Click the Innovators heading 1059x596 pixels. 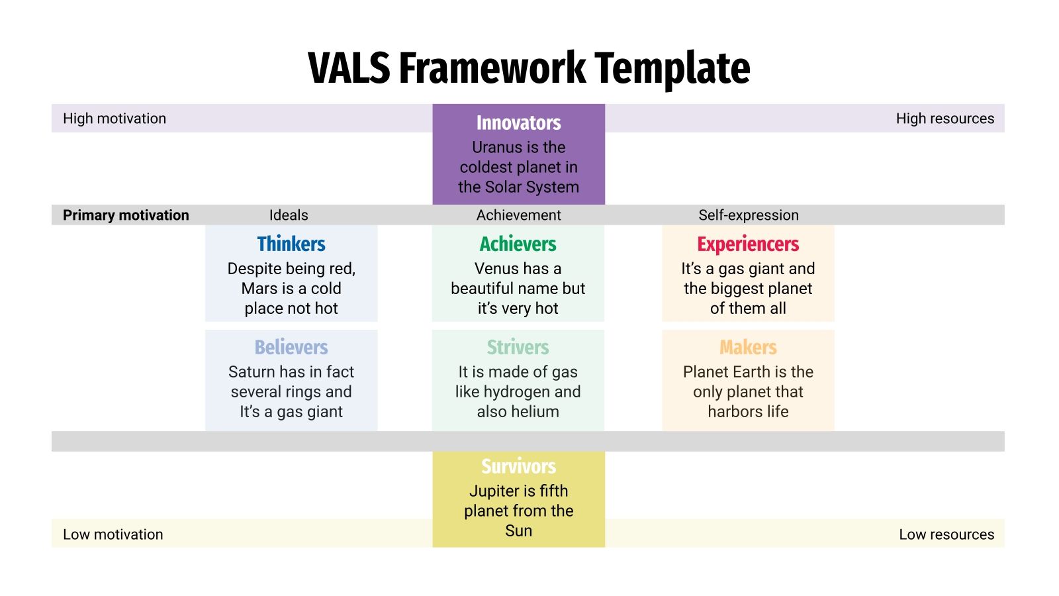tap(518, 123)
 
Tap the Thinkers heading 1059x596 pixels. tap(291, 244)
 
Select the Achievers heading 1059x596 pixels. tap(518, 244)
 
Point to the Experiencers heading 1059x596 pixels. tap(748, 244)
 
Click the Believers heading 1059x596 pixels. tap(291, 348)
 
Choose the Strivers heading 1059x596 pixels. tap(518, 348)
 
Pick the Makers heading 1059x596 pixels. tap(748, 348)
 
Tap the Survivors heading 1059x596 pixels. tap(518, 467)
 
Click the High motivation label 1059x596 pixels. tap(115, 119)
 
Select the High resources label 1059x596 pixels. tap(944, 119)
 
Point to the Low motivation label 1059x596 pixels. tap(113, 534)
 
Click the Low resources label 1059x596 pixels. tap(946, 534)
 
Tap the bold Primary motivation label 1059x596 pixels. tap(126, 215)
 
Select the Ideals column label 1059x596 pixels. tap(289, 215)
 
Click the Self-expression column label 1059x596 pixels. tap(748, 215)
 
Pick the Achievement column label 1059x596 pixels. tap(518, 215)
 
